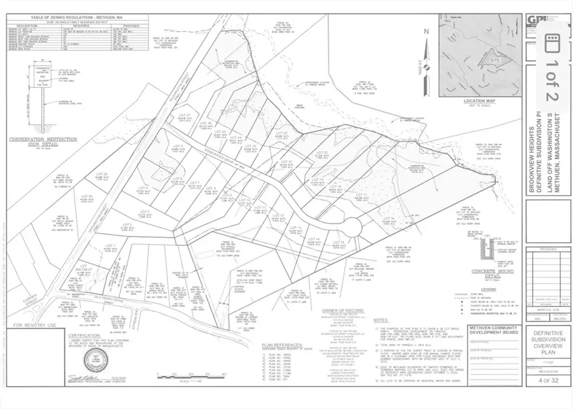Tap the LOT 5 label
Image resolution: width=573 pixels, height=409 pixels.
[178, 147]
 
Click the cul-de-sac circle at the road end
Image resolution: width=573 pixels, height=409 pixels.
[351, 227]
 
